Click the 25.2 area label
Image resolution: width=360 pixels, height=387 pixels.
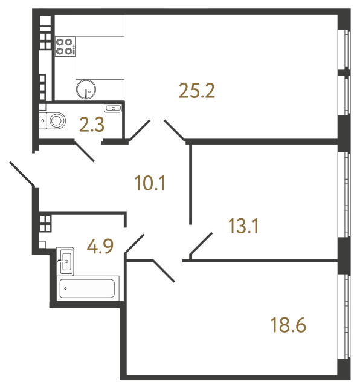pos(197,91)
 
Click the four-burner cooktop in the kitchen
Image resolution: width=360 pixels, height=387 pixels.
pos(65,47)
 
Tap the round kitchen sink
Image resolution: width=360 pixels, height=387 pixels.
pos(87,89)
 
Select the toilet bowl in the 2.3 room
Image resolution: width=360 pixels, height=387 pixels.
pos(55,120)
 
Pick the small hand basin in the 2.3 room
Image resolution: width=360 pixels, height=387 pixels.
pos(113,108)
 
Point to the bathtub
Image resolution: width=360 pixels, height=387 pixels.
pos(89,288)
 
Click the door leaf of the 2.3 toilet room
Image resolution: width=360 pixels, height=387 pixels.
pos(84,151)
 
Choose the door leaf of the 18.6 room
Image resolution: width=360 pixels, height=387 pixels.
pos(164,270)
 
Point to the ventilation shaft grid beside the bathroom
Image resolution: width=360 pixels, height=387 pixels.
pos(45,221)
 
